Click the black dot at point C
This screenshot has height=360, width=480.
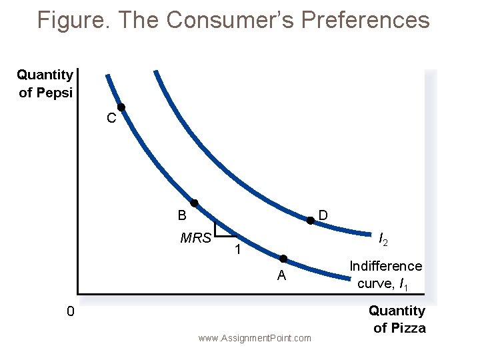pos(121,107)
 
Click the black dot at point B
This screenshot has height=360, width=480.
pos(194,203)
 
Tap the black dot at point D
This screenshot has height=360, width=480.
pos(310,221)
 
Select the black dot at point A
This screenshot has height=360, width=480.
pos(283,258)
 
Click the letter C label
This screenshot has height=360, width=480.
pos(111,119)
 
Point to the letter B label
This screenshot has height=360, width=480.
pos(182,216)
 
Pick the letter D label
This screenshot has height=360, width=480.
pos(323,215)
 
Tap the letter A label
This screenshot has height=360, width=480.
pos(282,276)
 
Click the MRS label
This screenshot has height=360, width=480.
pos(195,237)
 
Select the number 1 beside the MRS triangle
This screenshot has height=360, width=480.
pos(237,250)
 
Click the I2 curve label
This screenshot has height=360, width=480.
pos(384,239)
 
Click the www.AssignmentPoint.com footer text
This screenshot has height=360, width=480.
pos(255,338)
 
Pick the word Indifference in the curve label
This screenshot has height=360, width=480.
pos(386,266)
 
